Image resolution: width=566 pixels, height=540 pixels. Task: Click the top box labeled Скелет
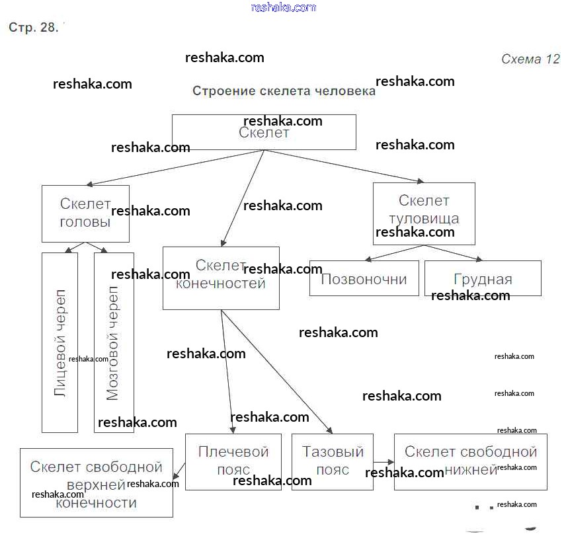click(264, 132)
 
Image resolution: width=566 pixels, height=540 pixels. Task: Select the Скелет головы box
click(85, 213)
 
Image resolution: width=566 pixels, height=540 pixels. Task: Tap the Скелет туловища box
click(424, 213)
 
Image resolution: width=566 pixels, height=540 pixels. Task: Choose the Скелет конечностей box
click(221, 278)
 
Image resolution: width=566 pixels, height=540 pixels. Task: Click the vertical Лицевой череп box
click(60, 342)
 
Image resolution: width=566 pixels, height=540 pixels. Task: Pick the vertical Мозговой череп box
click(114, 342)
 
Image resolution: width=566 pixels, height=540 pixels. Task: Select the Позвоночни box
click(364, 278)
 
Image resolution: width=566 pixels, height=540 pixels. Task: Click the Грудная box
click(483, 278)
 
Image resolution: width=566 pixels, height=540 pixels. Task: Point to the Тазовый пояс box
click(333, 461)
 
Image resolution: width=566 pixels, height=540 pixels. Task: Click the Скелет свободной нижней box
click(470, 461)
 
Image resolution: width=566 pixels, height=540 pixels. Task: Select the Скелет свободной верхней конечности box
click(97, 482)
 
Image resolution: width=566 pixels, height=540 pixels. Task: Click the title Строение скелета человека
click(284, 91)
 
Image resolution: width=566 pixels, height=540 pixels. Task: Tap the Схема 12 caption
click(530, 59)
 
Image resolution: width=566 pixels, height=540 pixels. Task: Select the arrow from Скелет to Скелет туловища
click(344, 166)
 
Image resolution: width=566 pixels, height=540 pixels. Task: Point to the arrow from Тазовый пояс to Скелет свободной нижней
click(384, 461)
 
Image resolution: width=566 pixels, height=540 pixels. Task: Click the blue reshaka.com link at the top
click(284, 8)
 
